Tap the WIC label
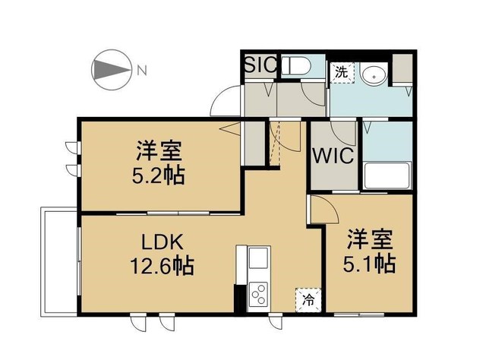(x=333, y=158)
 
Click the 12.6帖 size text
(x=162, y=267)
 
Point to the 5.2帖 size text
(x=158, y=176)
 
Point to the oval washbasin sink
(x=374, y=75)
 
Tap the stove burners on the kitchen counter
(x=257, y=292)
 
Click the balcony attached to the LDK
(x=59, y=260)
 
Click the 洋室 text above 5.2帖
(x=158, y=150)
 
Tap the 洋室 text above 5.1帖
(x=371, y=238)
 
